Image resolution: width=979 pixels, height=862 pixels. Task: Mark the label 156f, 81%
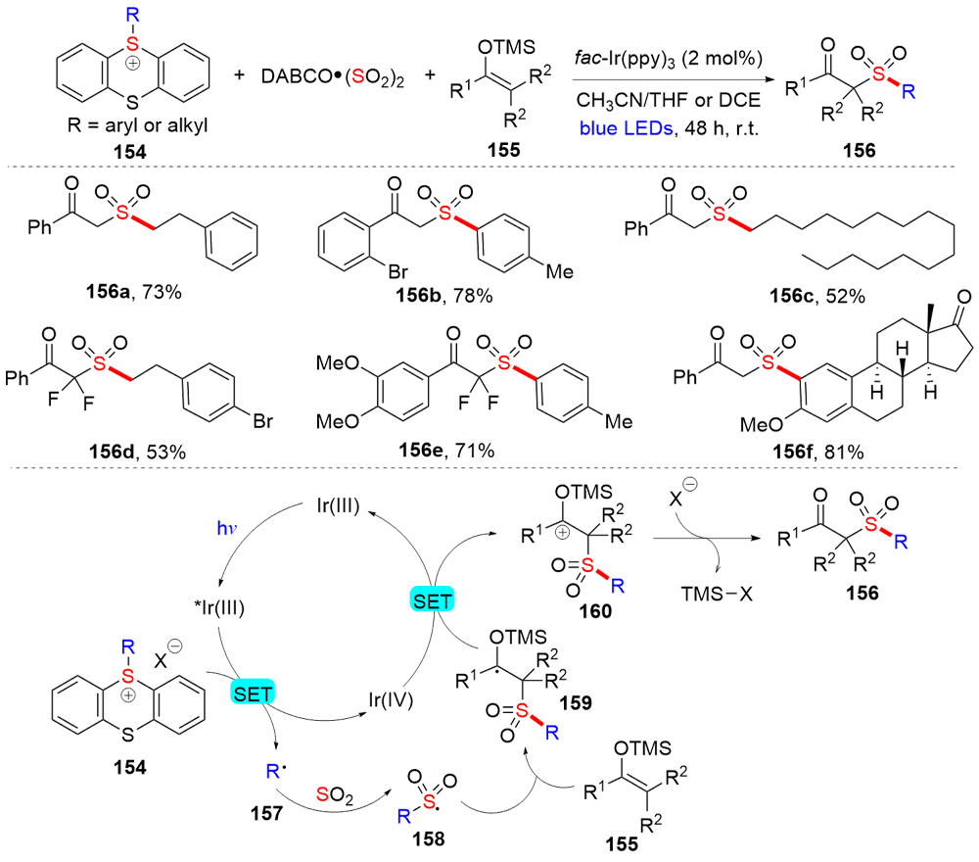click(774, 452)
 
